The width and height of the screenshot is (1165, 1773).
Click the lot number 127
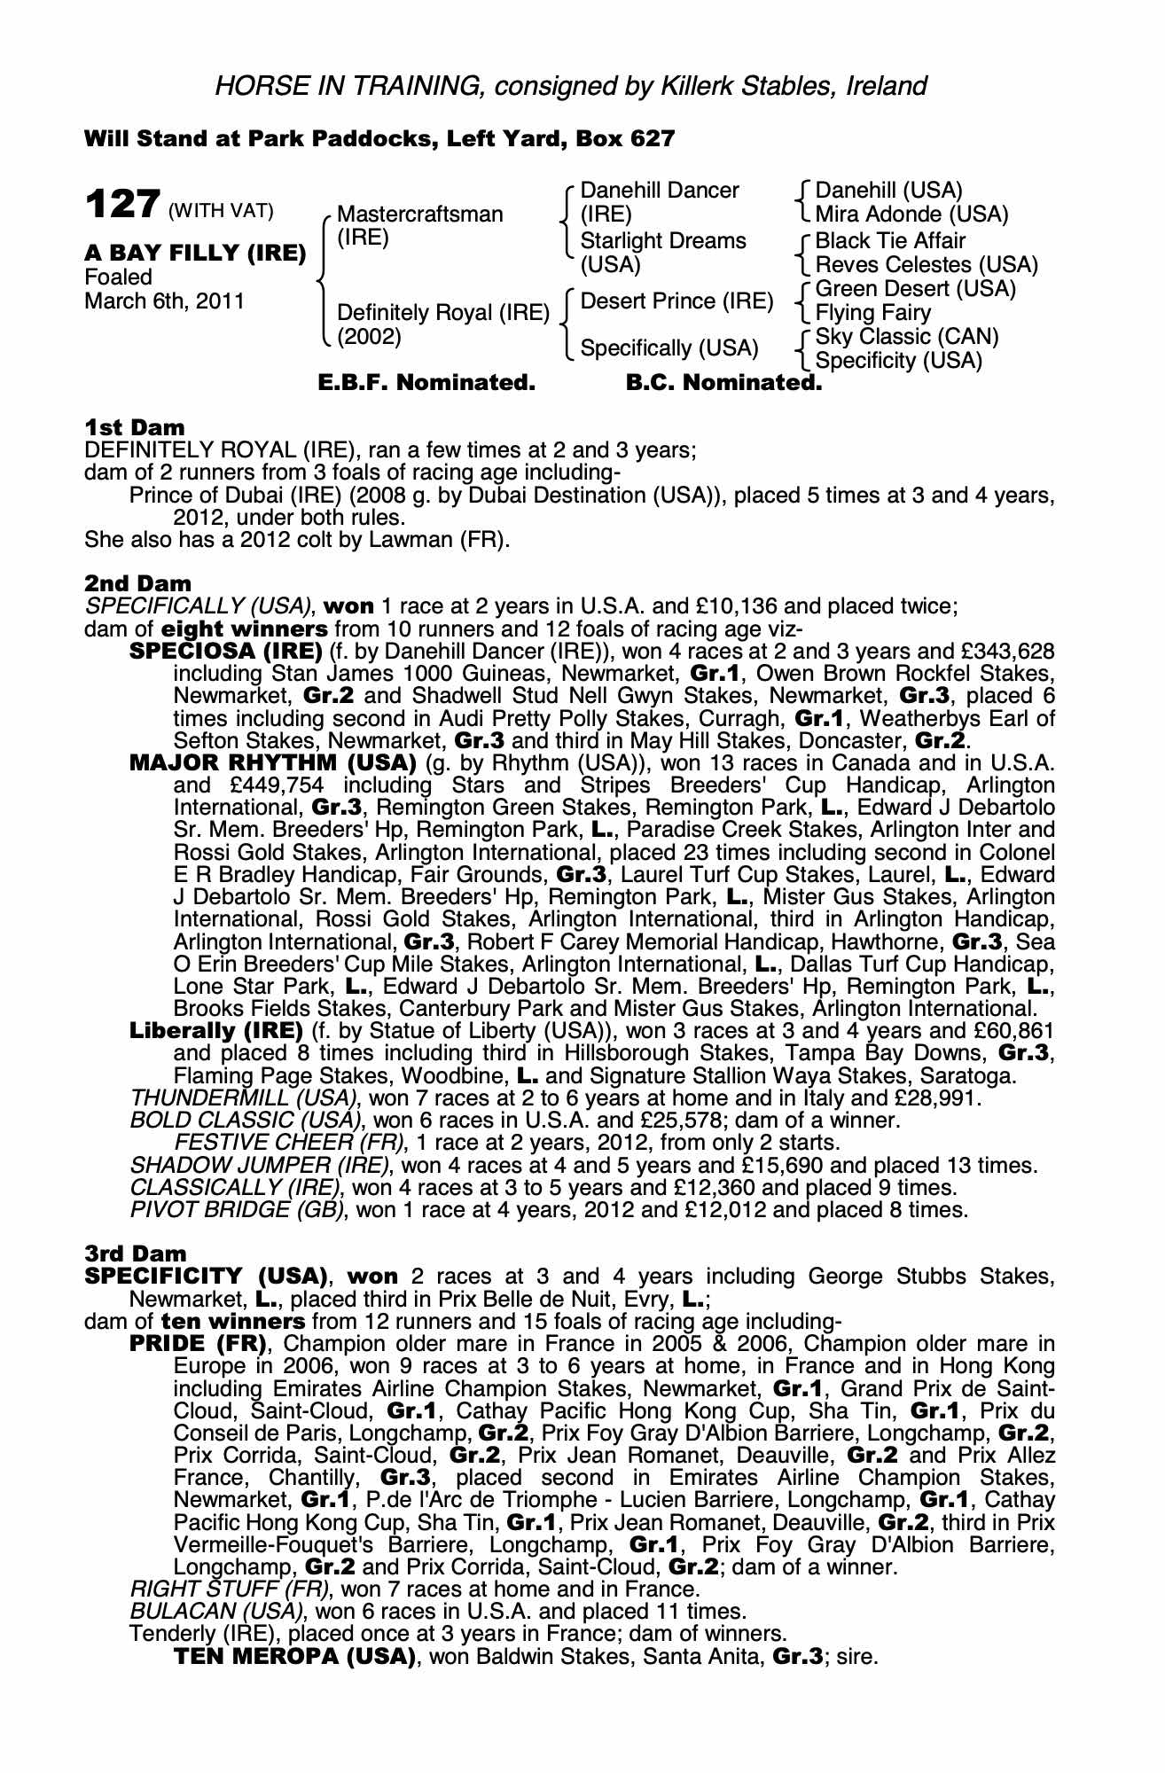pos(122,204)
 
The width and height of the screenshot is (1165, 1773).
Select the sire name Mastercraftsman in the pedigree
pos(419,215)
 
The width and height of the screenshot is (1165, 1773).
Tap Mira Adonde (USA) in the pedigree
pos(911,215)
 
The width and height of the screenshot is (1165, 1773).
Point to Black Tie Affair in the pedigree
pos(890,240)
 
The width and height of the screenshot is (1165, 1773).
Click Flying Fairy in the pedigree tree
pos(872,313)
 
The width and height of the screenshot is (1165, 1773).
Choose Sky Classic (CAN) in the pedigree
pos(906,337)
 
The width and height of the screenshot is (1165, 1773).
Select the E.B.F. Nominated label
pos(426,383)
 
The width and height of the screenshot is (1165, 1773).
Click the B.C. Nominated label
pos(723,383)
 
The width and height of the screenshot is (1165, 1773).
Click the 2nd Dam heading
pos(137,583)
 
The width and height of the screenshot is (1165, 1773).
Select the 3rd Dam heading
pos(136,1254)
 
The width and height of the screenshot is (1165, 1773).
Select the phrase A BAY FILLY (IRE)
pos(195,253)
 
